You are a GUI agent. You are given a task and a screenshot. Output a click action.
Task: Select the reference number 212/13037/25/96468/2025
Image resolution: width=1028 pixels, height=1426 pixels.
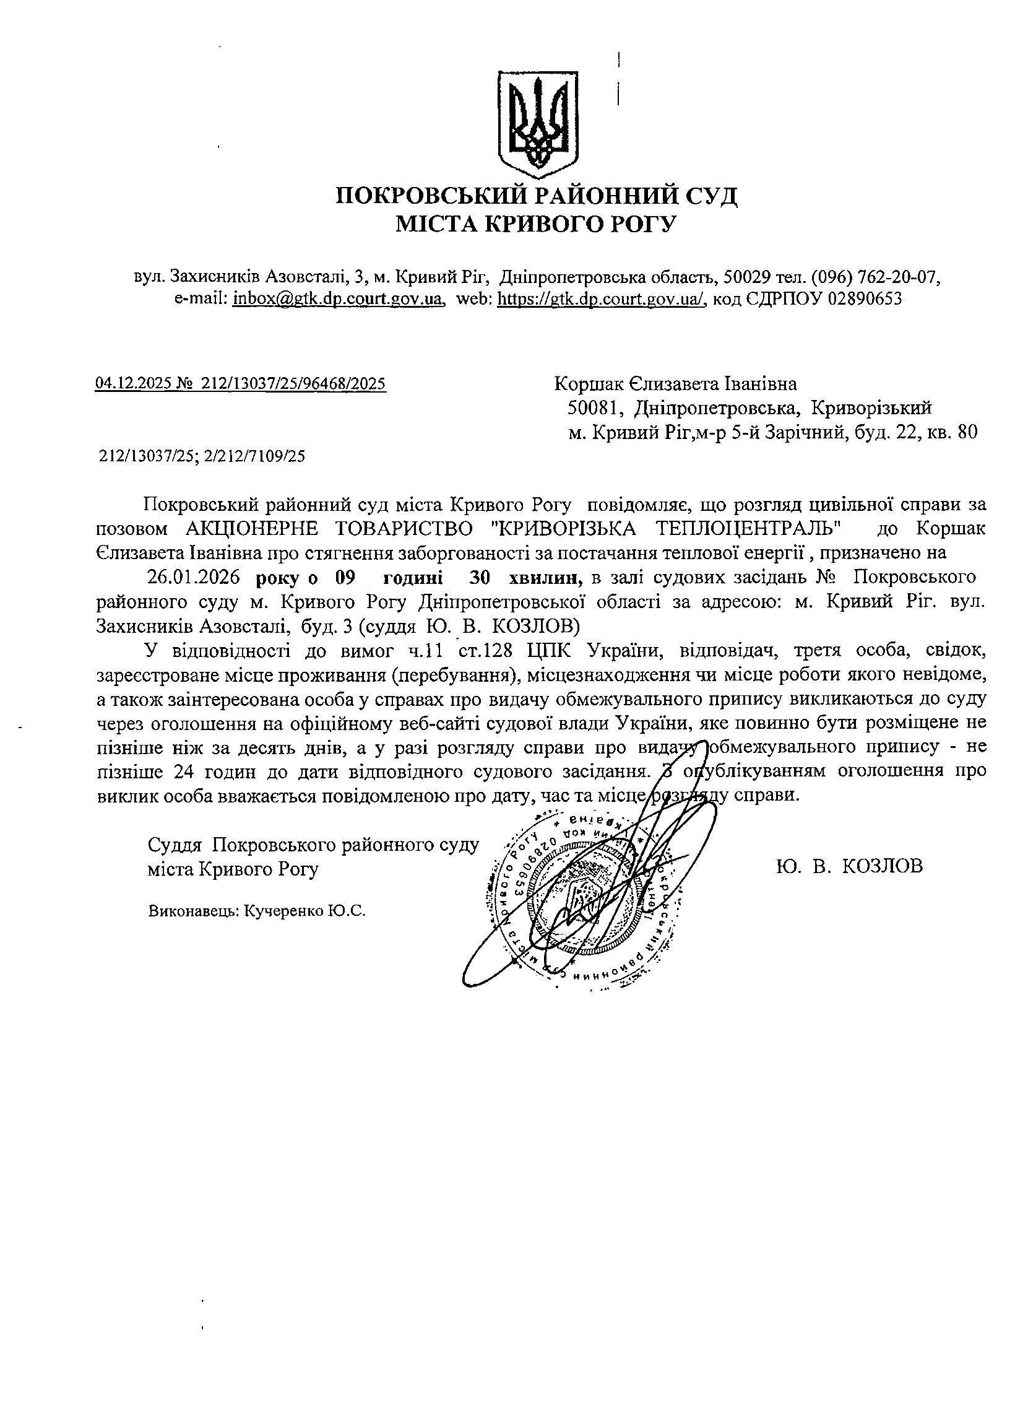pyautogui.click(x=293, y=383)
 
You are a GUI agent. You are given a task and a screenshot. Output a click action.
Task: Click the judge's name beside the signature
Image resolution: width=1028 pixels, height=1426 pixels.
pyautogui.click(x=850, y=866)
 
